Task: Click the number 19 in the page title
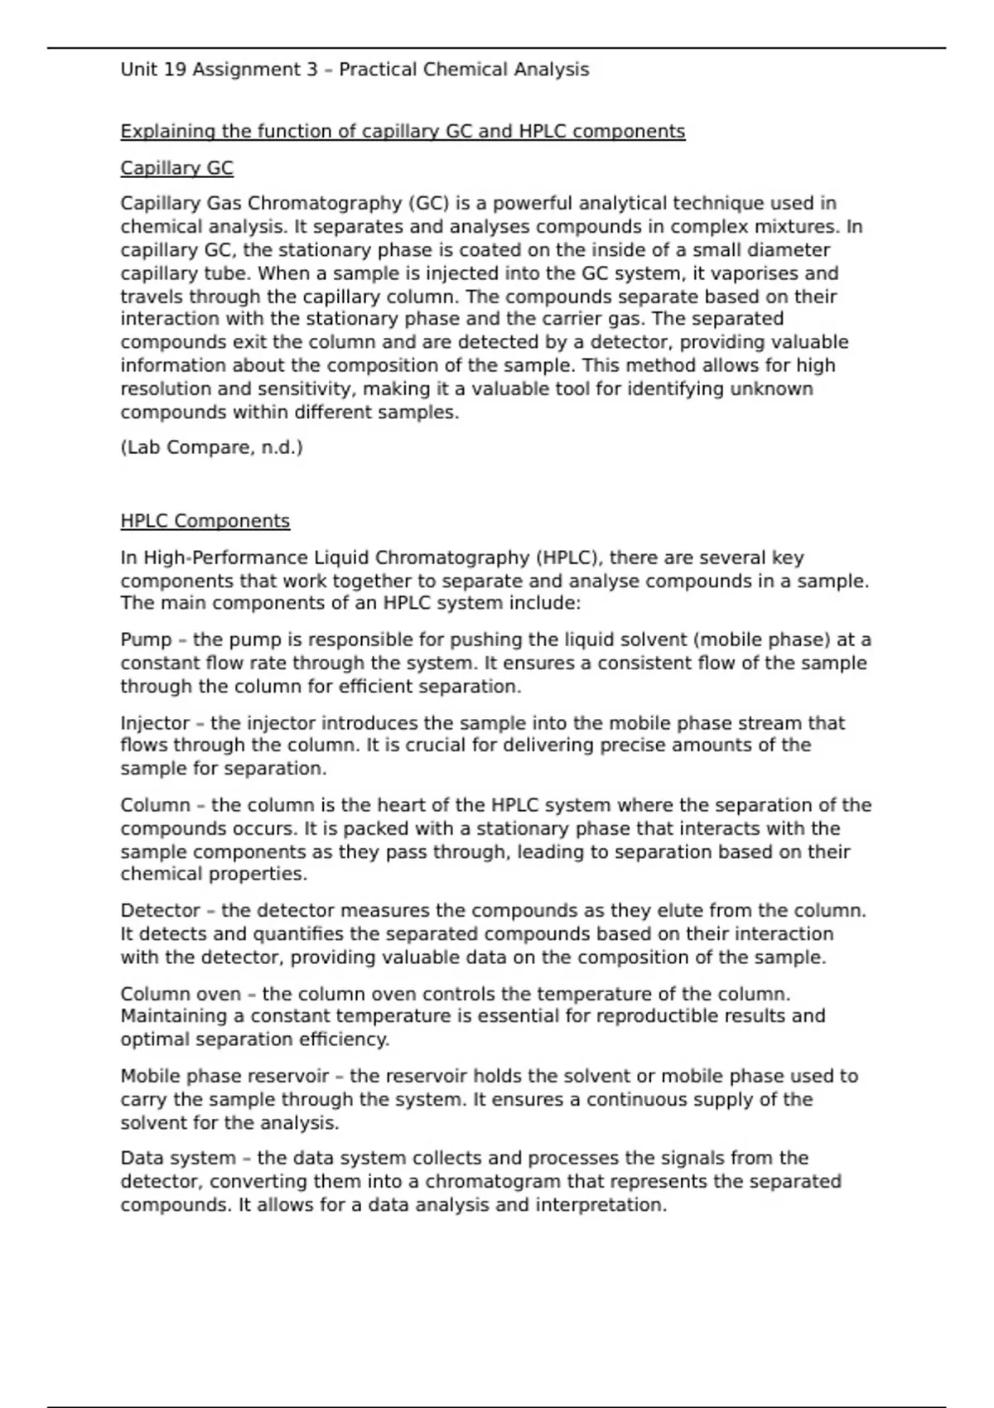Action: [175, 70]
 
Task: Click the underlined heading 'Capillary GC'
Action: [176, 168]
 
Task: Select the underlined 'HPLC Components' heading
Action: [205, 521]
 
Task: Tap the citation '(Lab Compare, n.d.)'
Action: [211, 448]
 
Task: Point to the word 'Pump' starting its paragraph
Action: [146, 640]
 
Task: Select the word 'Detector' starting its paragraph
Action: [160, 911]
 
